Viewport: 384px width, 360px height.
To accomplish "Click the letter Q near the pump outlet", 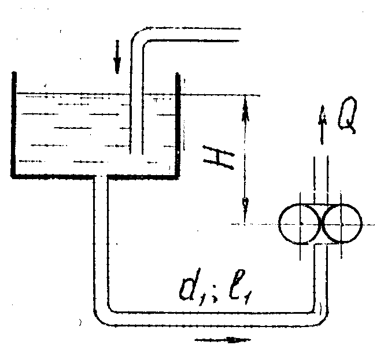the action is click(x=348, y=114).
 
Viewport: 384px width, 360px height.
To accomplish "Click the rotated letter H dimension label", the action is click(x=219, y=157).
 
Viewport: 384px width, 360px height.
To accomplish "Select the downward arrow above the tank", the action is click(x=117, y=57).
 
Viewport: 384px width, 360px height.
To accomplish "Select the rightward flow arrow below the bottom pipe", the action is click(x=223, y=340).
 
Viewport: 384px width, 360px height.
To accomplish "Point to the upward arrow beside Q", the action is click(x=323, y=125).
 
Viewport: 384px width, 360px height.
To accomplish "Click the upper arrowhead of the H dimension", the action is click(x=245, y=107).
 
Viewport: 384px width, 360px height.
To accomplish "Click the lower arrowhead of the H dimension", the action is click(x=245, y=208).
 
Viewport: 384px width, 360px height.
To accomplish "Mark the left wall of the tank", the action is click(x=14, y=124).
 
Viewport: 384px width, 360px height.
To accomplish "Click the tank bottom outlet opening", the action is click(x=100, y=176).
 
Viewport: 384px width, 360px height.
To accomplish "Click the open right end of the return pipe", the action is click(x=239, y=35).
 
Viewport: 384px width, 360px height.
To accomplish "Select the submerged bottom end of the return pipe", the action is click(x=136, y=154).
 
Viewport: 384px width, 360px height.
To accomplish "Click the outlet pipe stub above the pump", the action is click(x=321, y=180).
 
